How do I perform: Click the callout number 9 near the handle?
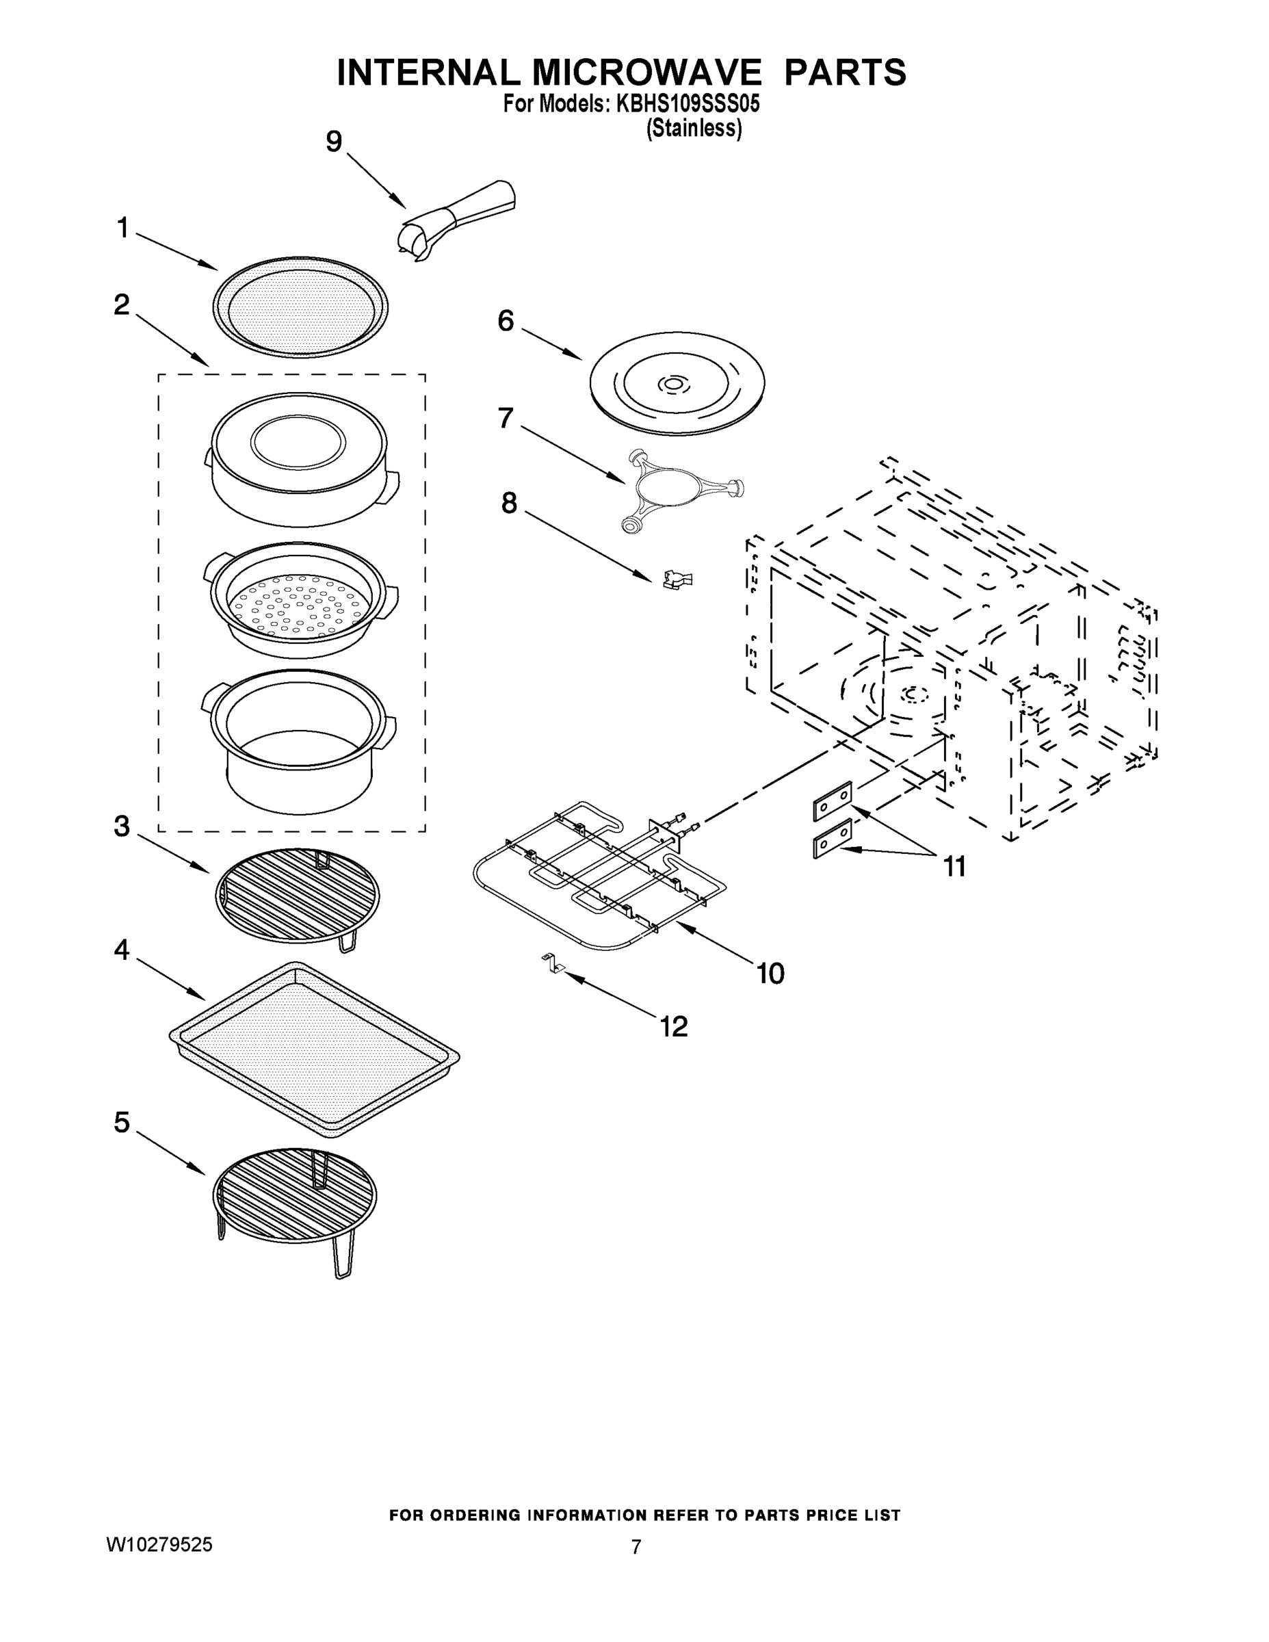(334, 142)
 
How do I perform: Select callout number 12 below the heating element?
(674, 1026)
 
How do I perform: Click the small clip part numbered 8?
(677, 579)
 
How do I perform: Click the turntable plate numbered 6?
(676, 385)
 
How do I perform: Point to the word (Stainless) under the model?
(694, 129)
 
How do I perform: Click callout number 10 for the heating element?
(770, 974)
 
